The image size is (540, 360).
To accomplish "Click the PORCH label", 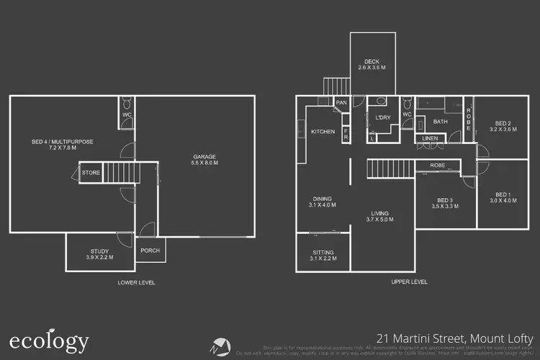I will (150, 251).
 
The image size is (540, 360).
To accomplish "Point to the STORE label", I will (91, 173).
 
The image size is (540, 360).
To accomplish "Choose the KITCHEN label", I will (323, 132).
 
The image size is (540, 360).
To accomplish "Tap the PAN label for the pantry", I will (341, 103).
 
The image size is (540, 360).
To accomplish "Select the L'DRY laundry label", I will (383, 117).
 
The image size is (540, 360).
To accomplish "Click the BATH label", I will (440, 122).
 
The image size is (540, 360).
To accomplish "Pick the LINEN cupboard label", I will (431, 138).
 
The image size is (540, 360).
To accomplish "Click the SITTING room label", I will (323, 254).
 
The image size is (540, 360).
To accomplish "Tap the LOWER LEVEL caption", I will (136, 282).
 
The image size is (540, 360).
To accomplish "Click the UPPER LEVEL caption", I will (410, 282).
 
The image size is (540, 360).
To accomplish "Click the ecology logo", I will (49, 341).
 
